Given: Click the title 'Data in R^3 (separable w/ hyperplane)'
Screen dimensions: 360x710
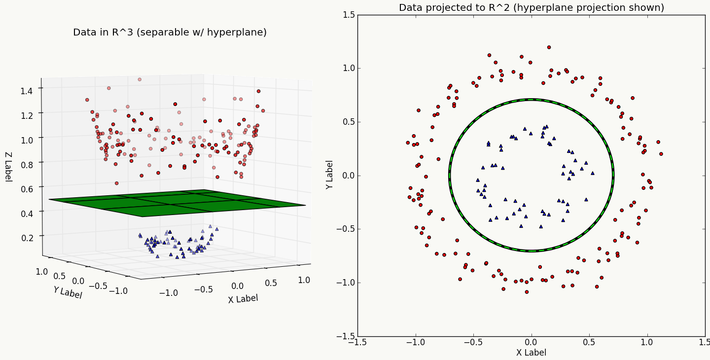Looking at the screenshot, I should [x=170, y=33].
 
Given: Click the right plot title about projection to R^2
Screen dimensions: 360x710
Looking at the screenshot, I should [x=531, y=8].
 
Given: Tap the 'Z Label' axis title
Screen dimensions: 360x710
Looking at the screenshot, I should [x=8, y=167].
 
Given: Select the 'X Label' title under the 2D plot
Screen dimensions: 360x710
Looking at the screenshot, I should [x=531, y=353].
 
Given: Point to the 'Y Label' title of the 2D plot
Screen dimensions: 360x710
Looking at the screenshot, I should [x=329, y=175].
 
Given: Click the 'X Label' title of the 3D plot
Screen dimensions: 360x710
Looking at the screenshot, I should [x=243, y=298].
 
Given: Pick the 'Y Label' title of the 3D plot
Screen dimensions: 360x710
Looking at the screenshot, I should [x=68, y=292].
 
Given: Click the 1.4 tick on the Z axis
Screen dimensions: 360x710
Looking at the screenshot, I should [x=27, y=90].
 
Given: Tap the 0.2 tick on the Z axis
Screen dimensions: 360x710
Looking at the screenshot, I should [x=27, y=237].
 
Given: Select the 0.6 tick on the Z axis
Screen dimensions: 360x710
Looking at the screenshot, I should [x=27, y=188].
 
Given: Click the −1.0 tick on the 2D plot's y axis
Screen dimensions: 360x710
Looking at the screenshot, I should [x=345, y=283].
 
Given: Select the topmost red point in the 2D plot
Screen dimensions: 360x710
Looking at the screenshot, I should [x=549, y=47].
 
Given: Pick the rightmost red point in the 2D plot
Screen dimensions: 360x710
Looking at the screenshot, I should [x=661, y=154].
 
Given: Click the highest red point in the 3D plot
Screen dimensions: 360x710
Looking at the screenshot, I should [x=140, y=79].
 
